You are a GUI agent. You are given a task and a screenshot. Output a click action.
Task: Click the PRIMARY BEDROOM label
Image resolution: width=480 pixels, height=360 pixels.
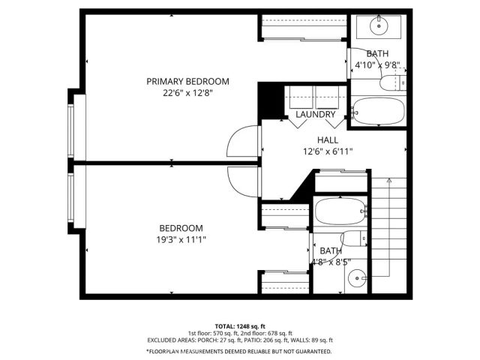coord(187,81)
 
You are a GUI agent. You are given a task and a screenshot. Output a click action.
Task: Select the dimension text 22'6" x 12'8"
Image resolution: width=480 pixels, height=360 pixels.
coord(187,94)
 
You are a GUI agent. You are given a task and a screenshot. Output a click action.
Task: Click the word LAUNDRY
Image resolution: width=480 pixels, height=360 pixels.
coord(315,115)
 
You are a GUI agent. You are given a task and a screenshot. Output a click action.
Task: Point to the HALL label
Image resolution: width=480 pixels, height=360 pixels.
coord(327,139)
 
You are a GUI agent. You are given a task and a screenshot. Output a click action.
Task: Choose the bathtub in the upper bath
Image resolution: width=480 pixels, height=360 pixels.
coord(379,112)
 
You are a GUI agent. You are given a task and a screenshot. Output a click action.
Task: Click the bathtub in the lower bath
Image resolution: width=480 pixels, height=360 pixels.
coord(341,211)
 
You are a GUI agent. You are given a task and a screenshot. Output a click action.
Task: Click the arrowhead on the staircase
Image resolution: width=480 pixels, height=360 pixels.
coord(389,181)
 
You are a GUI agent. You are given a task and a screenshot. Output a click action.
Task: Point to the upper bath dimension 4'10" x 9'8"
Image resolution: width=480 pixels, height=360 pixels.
coord(382,64)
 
